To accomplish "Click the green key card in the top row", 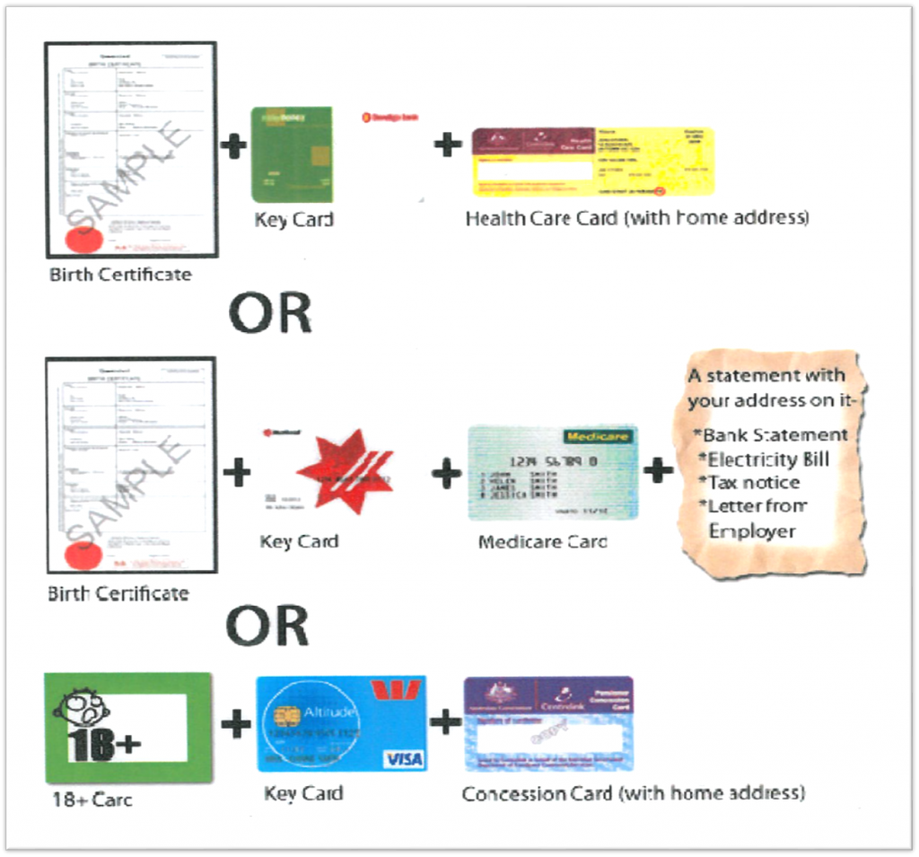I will (292, 154).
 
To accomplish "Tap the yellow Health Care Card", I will (593, 162).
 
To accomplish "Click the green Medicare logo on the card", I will (598, 437).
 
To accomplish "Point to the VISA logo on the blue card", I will (404, 759).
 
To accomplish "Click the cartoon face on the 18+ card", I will (81, 709).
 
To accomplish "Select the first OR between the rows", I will (269, 312).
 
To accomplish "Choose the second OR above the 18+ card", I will (267, 625).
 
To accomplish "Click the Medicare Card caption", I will (542, 542).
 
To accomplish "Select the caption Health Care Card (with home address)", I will (636, 218).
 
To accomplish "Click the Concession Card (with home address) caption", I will (633, 793).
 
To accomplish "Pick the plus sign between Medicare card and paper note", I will (658, 469).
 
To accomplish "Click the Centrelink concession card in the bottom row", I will (548, 723).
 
